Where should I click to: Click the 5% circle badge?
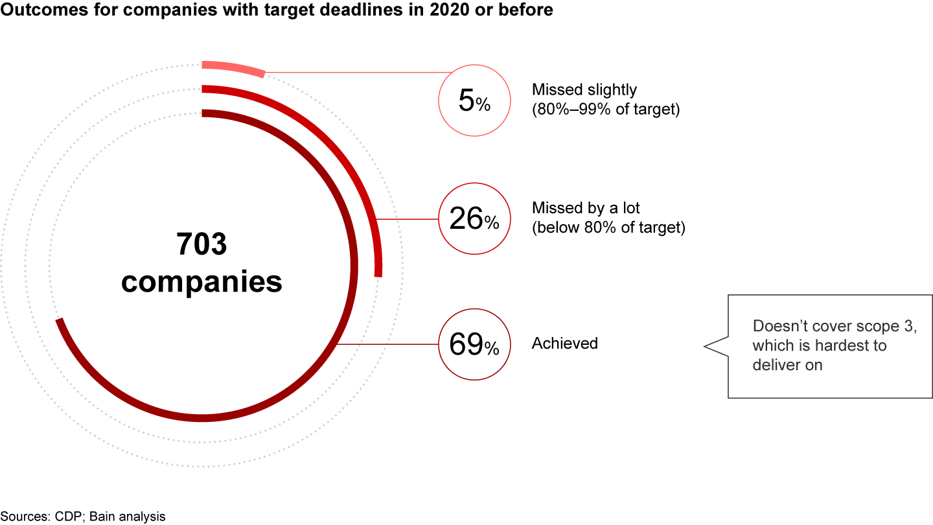coord(474,101)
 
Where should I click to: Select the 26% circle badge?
coord(474,218)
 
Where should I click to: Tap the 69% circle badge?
coord(474,344)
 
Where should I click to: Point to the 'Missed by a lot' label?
coord(586,208)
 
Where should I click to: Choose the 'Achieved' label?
coord(564,344)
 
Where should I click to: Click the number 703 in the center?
coord(202,244)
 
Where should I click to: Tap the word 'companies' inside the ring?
coord(202,283)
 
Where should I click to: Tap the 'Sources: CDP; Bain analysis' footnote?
coord(83,517)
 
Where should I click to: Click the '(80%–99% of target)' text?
coord(606,110)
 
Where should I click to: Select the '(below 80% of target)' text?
coord(608,228)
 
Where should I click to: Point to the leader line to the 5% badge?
coord(356,73)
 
